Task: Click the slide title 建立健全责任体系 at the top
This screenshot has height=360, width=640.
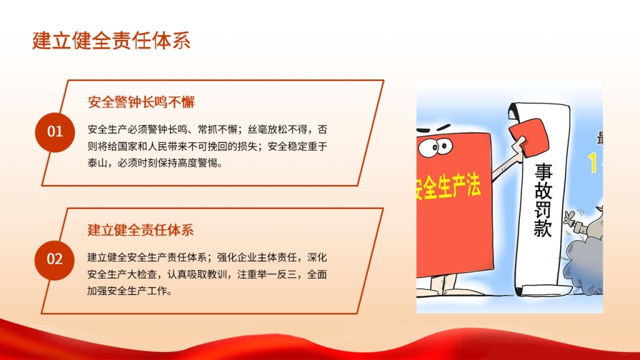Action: click(111, 41)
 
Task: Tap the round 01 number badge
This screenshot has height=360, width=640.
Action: click(55, 132)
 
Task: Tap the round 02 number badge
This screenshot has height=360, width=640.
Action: click(55, 259)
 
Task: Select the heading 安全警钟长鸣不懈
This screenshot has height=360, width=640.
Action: click(141, 102)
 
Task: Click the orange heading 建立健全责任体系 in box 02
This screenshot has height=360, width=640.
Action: click(141, 230)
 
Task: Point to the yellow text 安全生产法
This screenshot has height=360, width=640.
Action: click(448, 187)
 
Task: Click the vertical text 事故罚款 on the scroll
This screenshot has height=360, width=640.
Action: click(543, 199)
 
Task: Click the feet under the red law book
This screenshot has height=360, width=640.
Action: click(443, 284)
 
